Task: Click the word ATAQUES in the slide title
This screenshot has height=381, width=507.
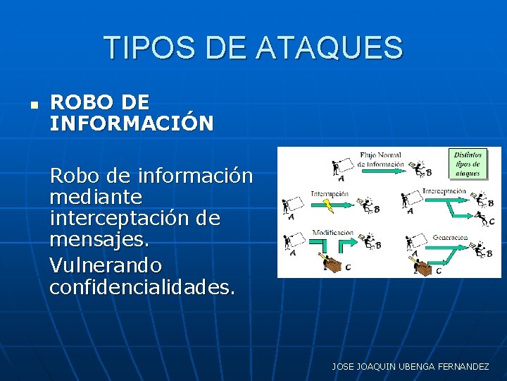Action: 330,48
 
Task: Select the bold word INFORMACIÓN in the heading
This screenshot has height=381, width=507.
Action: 132,123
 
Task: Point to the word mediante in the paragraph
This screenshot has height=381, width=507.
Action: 96,196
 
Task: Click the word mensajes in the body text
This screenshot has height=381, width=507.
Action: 99,241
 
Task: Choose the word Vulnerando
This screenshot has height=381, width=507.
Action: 106,265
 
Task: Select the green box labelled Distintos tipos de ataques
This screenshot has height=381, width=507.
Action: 468,163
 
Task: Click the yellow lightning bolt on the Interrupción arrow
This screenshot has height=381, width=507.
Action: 327,205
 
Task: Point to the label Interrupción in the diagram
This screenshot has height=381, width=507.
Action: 330,193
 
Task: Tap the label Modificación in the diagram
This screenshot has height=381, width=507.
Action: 333,232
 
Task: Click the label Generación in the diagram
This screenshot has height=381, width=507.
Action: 451,238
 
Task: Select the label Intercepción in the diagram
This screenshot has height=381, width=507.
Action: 444,191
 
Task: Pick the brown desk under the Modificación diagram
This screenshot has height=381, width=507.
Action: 331,262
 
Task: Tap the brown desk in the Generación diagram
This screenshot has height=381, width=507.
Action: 422,267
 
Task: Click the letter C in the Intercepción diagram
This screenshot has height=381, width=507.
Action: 492,221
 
